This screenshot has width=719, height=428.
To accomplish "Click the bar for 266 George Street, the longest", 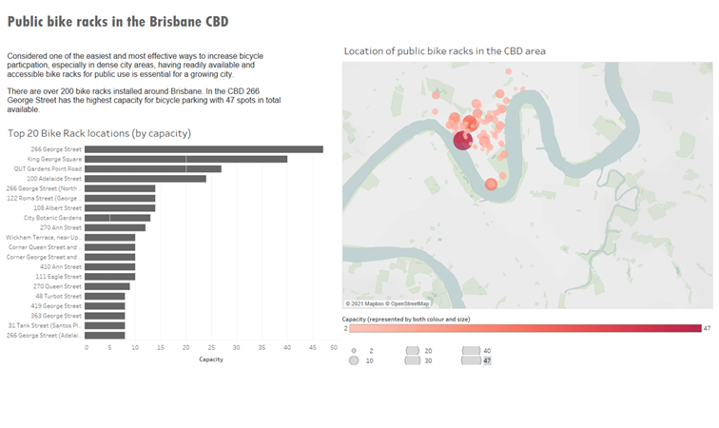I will (204, 149).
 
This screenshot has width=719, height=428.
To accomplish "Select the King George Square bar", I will (185, 159).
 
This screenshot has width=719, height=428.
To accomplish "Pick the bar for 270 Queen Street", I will (107, 286).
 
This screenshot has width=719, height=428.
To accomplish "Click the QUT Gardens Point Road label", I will (48, 168).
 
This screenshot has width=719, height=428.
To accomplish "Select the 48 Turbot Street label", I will (62, 296).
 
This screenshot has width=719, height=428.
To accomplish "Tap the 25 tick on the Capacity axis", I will (211, 348).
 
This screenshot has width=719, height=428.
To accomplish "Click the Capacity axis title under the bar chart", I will (211, 360).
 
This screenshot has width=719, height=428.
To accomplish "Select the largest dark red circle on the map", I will (462, 141).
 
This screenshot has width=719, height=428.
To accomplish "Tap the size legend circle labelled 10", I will (355, 361).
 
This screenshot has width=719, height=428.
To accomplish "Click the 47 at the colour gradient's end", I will (707, 328).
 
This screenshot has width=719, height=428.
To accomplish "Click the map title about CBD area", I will (444, 50).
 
